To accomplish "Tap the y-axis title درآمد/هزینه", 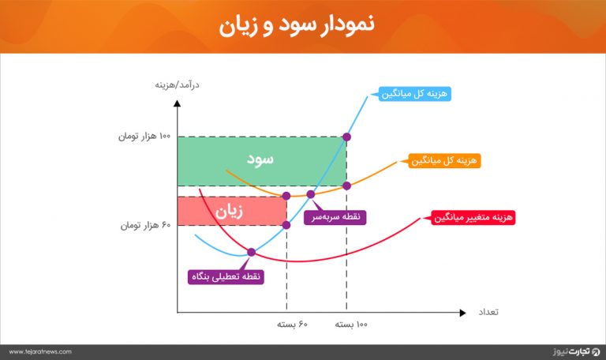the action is click(x=177, y=84).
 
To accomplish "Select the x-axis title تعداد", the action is click(x=488, y=312).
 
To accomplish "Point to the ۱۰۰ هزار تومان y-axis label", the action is click(x=144, y=136).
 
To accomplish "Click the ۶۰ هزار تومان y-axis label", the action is click(x=145, y=225).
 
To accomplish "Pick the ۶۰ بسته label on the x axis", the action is click(x=292, y=324).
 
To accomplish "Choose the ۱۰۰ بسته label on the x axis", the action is click(x=351, y=324).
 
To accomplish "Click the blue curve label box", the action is click(x=414, y=94).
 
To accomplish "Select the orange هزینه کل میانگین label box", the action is click(x=444, y=160).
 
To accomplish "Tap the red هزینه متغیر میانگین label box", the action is click(x=473, y=217).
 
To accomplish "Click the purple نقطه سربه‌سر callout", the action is click(x=335, y=217).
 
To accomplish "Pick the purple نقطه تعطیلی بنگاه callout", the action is click(x=226, y=277).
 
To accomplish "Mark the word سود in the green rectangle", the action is click(x=260, y=159).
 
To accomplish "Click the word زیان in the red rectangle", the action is click(x=229, y=212).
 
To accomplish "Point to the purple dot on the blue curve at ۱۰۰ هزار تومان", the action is click(x=346, y=137).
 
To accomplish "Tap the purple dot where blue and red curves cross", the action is click(x=251, y=253).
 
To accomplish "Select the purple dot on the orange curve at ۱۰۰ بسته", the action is click(x=346, y=186).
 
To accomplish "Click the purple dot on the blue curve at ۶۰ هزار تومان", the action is click(x=286, y=225).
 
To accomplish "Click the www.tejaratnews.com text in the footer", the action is click(x=40, y=352).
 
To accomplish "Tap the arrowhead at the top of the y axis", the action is click(x=177, y=103).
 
